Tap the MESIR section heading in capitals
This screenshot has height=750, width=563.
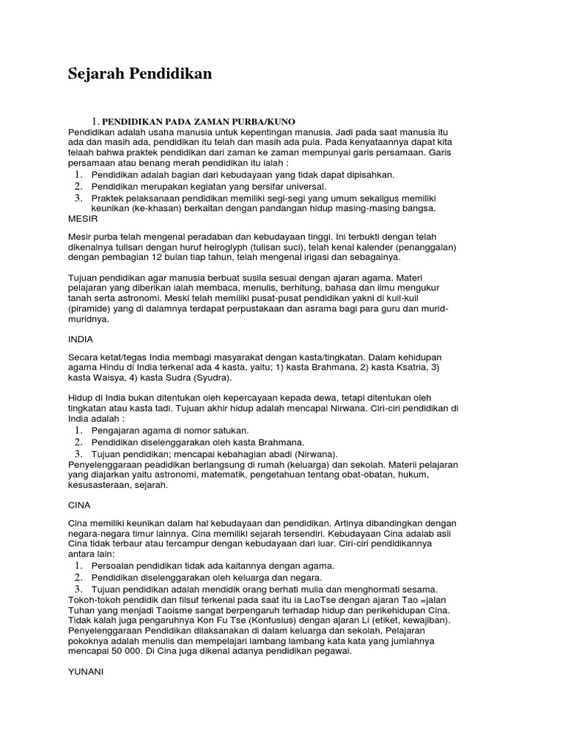(x=82, y=218)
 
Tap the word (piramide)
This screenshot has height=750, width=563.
(x=93, y=308)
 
